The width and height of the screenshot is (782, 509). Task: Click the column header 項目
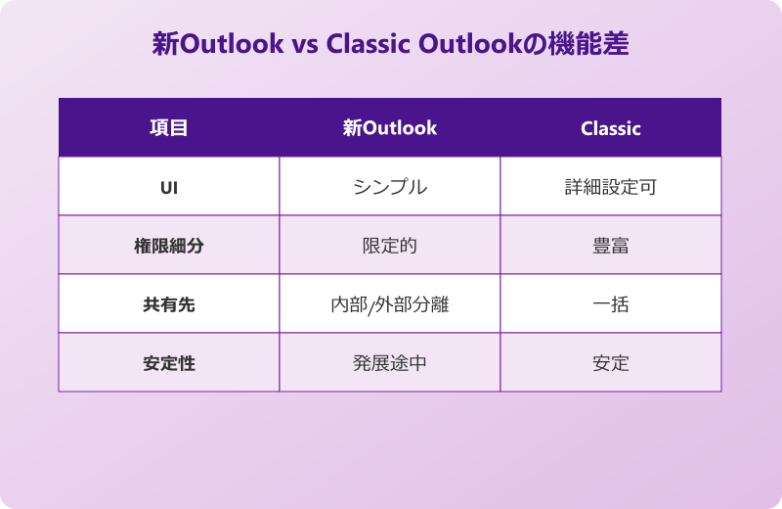168,128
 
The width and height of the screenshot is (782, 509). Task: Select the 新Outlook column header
389,128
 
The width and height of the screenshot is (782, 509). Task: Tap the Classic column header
610,128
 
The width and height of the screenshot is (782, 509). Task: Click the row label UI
168,187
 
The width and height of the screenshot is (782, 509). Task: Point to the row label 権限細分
168,246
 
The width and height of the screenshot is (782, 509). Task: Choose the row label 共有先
168,304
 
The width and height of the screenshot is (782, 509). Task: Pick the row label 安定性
168,363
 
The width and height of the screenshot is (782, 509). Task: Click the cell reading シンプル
389,187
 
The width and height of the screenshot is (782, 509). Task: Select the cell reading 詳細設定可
610,187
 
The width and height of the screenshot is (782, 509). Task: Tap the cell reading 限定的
389,246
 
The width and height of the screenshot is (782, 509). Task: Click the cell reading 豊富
610,246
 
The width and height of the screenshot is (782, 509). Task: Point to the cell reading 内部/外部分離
389,304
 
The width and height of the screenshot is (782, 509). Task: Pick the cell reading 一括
610,304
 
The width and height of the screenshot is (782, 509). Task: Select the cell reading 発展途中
389,363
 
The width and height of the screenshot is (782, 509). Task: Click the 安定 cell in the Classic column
610,363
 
